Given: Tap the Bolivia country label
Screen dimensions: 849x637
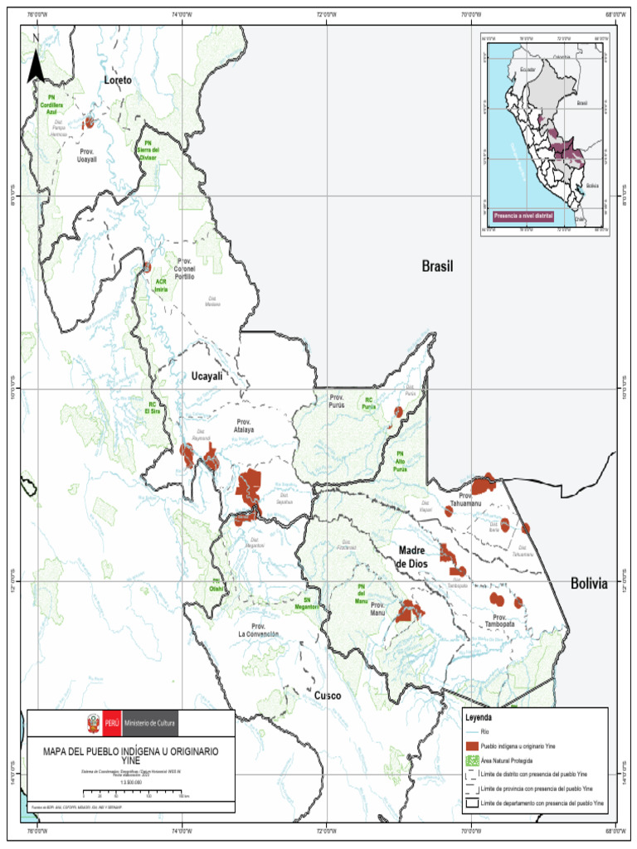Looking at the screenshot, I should coord(588,584).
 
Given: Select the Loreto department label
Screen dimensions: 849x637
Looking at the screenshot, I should coord(118,80).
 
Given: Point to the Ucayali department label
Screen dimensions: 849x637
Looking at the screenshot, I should coord(207,376).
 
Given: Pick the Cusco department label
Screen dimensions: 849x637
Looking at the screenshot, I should coord(327,696).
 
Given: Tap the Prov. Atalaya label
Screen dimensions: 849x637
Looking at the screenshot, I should coord(244,425).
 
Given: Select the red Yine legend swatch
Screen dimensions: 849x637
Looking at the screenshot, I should coord(472,746).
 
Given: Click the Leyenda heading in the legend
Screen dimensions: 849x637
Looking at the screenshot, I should coord(479,717).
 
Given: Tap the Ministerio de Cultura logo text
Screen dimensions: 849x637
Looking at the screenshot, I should coord(150,724).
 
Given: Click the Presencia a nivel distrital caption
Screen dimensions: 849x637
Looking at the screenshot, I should coord(523,216).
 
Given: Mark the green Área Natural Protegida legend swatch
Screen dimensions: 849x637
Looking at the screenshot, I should coord(472,760).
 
